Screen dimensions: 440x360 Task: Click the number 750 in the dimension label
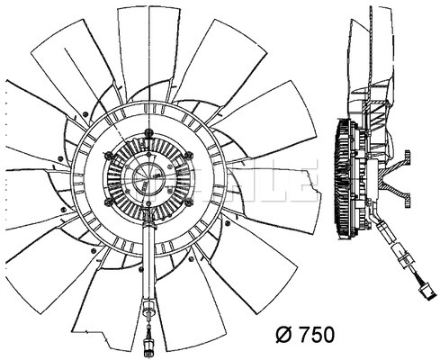click(x=317, y=334)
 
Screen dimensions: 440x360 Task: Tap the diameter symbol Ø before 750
click(x=284, y=334)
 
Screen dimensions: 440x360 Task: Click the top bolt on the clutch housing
click(x=148, y=132)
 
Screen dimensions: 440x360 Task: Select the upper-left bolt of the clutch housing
click(x=109, y=156)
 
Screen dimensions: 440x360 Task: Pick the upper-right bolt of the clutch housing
click(x=188, y=156)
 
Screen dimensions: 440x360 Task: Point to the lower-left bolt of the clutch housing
click(x=109, y=202)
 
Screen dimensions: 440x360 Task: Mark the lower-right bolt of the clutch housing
click(x=189, y=202)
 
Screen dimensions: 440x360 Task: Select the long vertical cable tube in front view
click(x=148, y=264)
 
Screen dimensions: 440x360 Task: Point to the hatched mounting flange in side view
click(x=395, y=179)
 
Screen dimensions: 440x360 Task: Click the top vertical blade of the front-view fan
click(x=149, y=52)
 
